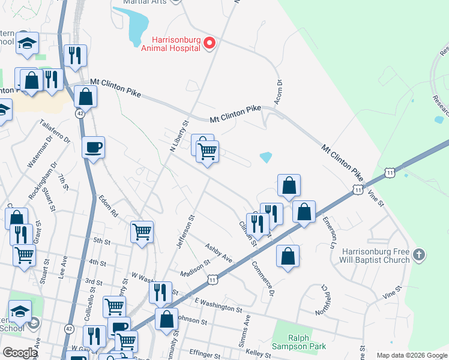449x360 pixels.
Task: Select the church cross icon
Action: tap(420, 255)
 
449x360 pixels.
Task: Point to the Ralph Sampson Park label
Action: tap(298, 342)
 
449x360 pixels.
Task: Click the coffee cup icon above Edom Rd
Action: tap(94, 147)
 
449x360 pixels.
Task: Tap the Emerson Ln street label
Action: tap(328, 233)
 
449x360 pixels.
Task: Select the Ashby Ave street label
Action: tap(218, 252)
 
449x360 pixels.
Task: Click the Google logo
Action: tap(20, 353)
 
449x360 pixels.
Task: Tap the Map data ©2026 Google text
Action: tap(412, 355)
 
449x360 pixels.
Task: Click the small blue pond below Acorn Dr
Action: tap(265, 158)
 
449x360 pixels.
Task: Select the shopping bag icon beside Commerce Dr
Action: tap(288, 256)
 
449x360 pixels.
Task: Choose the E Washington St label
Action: tap(217, 305)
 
